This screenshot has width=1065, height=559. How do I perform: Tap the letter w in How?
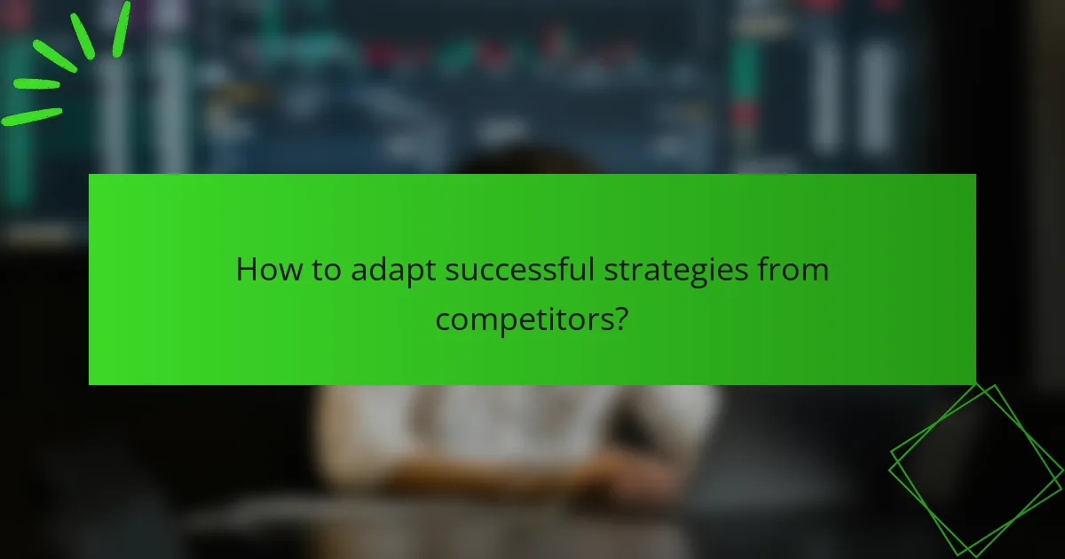(x=282, y=272)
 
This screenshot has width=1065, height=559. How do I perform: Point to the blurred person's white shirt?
(x=515, y=426)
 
